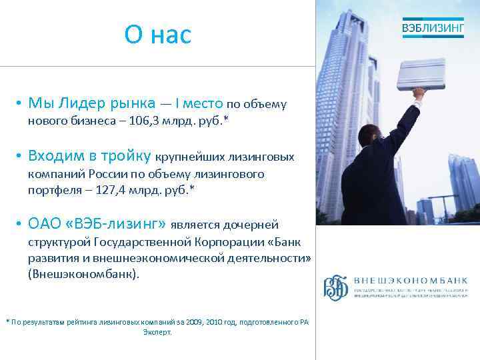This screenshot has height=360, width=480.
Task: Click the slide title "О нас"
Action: coord(157,35)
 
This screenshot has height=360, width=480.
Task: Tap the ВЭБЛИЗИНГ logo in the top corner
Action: coord(433,28)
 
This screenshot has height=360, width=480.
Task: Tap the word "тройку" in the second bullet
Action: coord(127,156)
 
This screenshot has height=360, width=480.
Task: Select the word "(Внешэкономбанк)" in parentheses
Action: coord(83,274)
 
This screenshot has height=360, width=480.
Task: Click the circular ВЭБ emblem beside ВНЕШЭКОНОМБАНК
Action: coord(336,287)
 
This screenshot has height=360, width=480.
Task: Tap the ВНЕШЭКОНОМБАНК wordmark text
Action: coord(410,281)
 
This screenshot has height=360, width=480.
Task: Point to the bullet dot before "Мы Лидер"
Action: coord(21,103)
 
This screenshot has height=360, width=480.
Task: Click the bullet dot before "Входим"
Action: coord(21,157)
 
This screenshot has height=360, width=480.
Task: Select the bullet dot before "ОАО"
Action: coord(21,225)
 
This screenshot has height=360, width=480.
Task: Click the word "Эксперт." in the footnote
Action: coord(157,331)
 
